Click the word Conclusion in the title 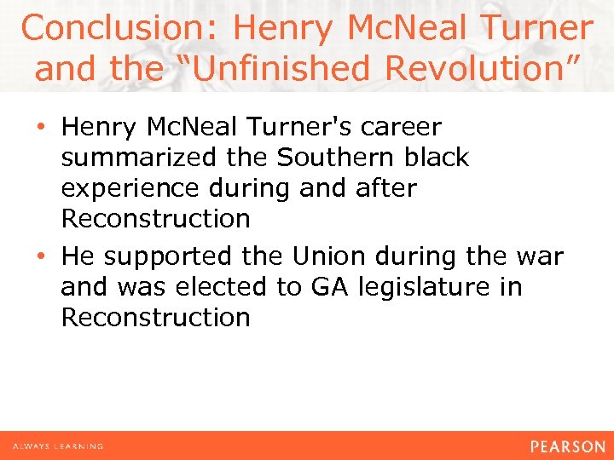point(119,28)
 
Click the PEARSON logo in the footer point(566,446)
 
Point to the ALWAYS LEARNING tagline point(58,446)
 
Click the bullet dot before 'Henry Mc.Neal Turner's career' point(43,128)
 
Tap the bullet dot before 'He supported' point(43,256)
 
